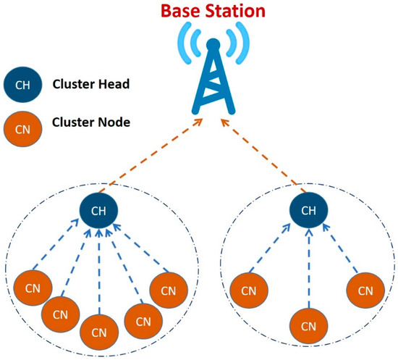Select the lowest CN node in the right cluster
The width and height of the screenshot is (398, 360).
pyautogui.click(x=308, y=323)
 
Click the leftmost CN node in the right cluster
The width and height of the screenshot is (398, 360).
pyautogui.click(x=248, y=291)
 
